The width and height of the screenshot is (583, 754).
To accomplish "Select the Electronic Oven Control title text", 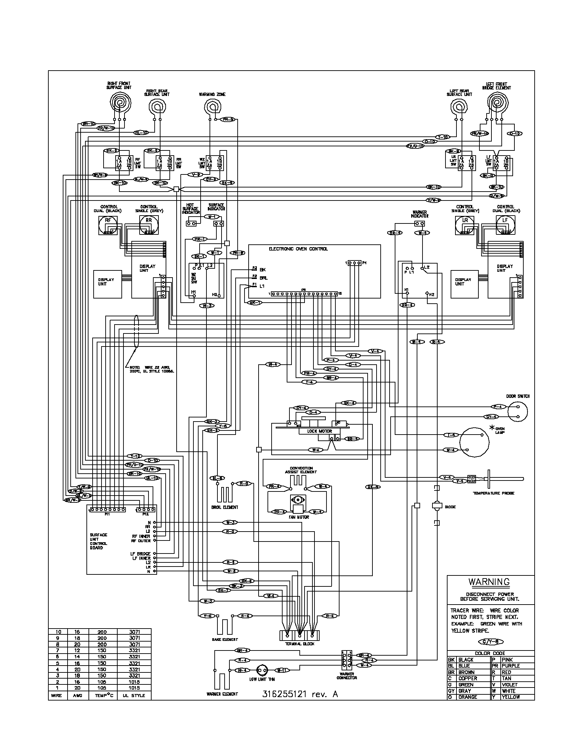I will [x=298, y=249].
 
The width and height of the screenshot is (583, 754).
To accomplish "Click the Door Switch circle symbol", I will [x=518, y=412].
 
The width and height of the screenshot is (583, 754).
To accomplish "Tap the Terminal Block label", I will [x=299, y=644].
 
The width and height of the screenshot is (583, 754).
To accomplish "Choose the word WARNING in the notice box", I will [x=489, y=582].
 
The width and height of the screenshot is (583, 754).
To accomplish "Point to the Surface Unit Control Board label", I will [x=98, y=541].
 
